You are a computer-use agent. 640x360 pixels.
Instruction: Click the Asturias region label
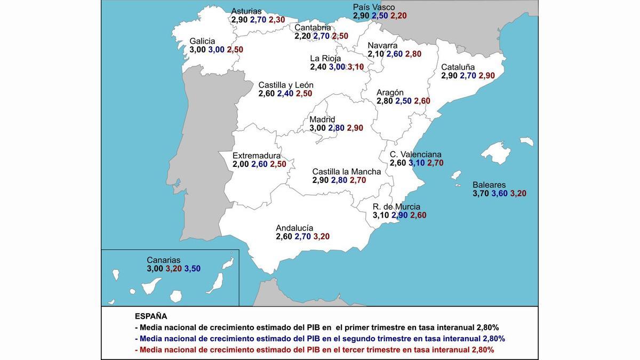(x=246, y=11)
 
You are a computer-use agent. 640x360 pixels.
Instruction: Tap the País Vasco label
(x=374, y=7)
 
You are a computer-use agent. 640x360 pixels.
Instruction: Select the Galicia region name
(x=202, y=41)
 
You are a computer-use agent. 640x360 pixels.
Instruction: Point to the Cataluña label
(x=458, y=67)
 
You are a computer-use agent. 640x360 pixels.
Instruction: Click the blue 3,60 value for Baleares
(x=499, y=194)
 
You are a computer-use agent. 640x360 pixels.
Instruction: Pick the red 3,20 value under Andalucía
(x=321, y=236)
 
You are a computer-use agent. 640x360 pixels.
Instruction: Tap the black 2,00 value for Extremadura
(x=241, y=164)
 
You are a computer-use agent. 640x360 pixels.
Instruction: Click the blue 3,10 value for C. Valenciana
(x=417, y=163)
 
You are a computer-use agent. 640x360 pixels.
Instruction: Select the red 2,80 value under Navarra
(x=413, y=54)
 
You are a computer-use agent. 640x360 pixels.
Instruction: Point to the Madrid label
(x=322, y=119)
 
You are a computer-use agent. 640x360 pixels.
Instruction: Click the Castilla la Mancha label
(x=347, y=172)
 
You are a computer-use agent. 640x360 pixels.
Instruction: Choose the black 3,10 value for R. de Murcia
(x=381, y=215)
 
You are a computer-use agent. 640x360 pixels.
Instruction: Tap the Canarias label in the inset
(x=164, y=260)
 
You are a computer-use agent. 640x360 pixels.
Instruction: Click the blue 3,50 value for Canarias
(x=193, y=269)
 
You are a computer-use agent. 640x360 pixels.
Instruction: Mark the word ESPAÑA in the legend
(x=151, y=316)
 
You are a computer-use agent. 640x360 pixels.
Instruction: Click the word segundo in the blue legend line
(x=358, y=339)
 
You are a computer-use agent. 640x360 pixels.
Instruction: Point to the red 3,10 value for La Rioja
(x=356, y=67)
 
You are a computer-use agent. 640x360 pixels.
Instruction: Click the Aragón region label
(x=390, y=92)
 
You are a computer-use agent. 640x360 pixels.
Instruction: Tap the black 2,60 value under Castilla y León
(x=267, y=94)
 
